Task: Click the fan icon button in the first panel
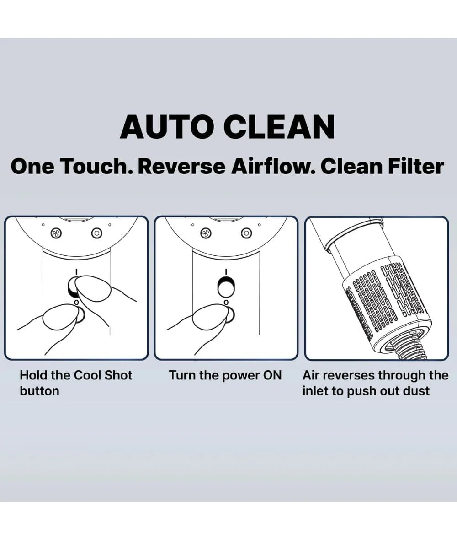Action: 56,233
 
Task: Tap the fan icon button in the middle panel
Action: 206,233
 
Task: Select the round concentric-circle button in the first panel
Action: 97,233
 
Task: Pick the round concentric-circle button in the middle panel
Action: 246,233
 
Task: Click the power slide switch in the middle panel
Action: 226,286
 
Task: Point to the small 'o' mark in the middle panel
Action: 226,302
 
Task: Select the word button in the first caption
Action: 39,391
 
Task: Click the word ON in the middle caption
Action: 272,375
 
